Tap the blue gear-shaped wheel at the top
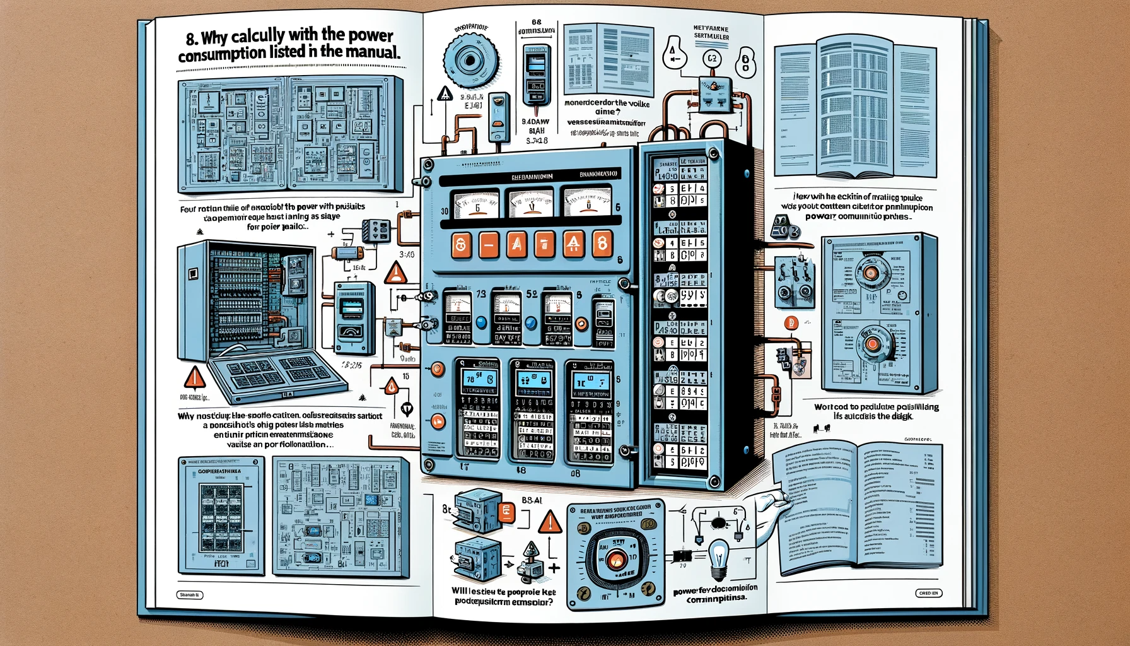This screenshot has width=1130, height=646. click(x=471, y=61)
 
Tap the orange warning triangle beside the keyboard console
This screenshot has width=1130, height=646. click(x=195, y=377)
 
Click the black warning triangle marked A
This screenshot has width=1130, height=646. click(x=445, y=95)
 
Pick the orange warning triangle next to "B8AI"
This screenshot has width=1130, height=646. click(x=550, y=523)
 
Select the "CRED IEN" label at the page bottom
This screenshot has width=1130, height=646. click(x=928, y=593)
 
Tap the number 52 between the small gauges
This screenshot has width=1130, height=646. click(x=532, y=294)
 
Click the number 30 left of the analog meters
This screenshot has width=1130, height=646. click(x=445, y=211)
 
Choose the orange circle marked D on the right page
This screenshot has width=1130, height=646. click(x=791, y=323)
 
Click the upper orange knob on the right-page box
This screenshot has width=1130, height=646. click(x=871, y=273)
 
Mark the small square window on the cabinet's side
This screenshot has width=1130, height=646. click(x=193, y=273)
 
